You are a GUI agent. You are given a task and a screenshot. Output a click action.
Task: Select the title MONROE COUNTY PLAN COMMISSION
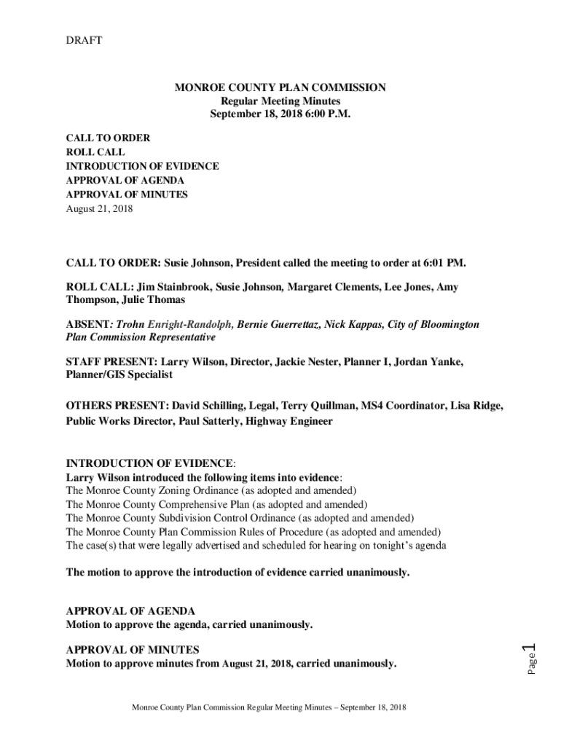click(280, 87)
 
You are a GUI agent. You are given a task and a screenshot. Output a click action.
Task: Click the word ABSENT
click(87, 324)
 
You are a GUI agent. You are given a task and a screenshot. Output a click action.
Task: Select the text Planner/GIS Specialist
click(119, 374)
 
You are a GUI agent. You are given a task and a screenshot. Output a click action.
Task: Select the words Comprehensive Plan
click(211, 504)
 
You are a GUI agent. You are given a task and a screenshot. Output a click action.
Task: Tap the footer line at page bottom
click(268, 707)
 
